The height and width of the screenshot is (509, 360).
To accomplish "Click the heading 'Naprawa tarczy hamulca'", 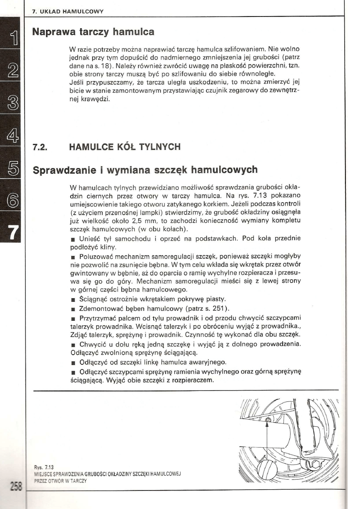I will pyautogui.click(x=93, y=31).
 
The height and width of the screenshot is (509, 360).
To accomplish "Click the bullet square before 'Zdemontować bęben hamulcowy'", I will pyautogui.click(x=72, y=310).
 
